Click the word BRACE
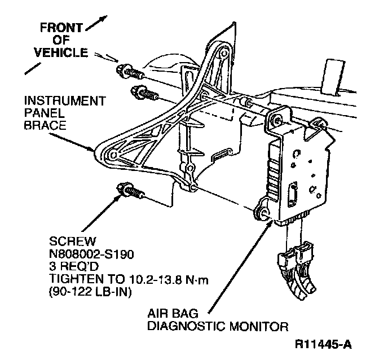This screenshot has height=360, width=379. tap(41, 125)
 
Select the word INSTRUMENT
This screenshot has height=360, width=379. tap(64, 102)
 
